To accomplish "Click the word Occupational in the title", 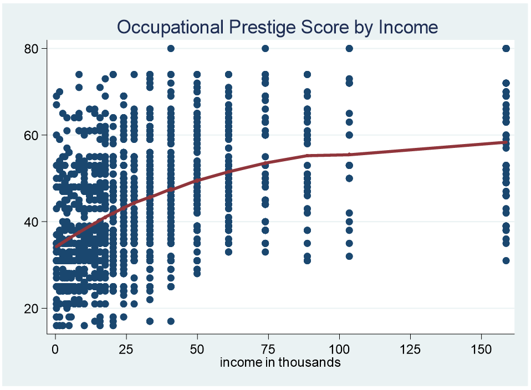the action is click(170, 28).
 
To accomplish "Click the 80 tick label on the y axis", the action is click(30, 49).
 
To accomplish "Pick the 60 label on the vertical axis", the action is click(30, 135).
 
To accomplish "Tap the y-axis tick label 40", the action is click(30, 222).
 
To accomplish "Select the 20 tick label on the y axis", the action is click(30, 309).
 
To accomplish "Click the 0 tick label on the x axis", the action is click(55, 349).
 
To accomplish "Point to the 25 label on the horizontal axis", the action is click(126, 349).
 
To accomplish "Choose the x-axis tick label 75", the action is click(268, 349).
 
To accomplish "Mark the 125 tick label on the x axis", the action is click(410, 349).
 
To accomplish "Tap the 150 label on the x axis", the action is click(481, 349).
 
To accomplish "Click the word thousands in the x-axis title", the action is click(309, 362).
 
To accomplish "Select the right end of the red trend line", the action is click(506, 142).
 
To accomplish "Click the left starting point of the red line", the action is click(56, 247).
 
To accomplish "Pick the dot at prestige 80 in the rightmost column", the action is click(506, 48).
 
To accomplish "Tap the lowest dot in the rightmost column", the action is click(506, 260).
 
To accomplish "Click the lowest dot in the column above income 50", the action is click(197, 273).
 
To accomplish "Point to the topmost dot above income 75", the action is click(265, 48).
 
